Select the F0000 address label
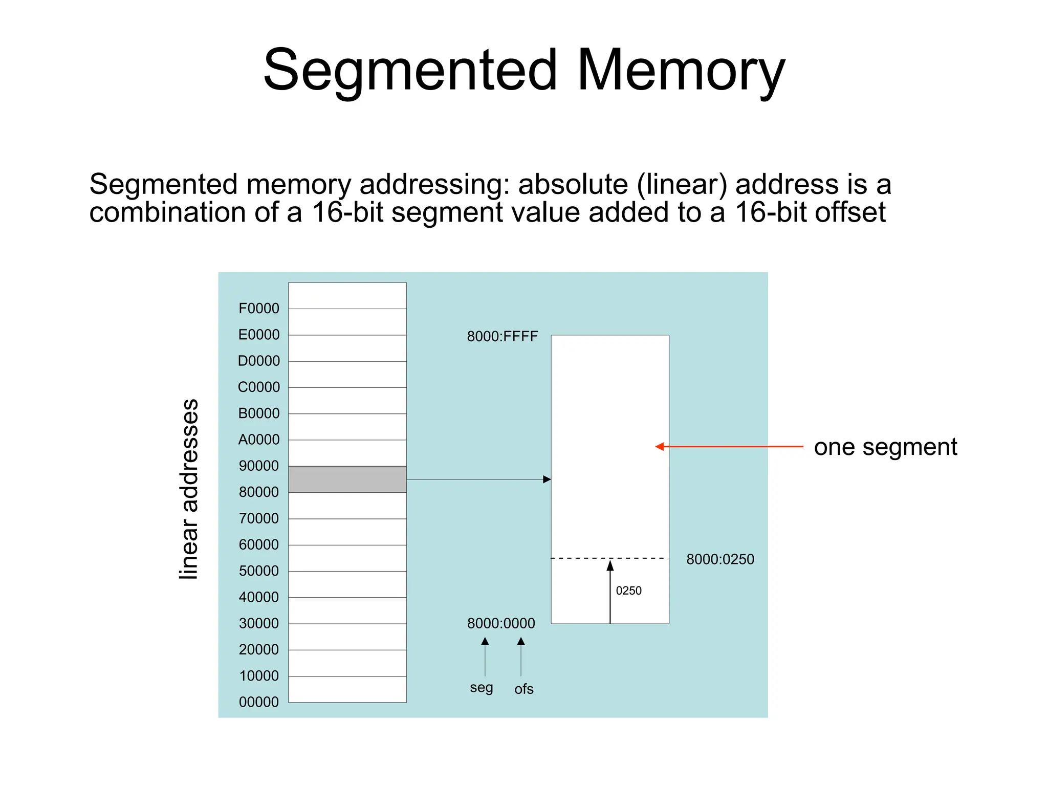pyautogui.click(x=259, y=309)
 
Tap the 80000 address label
pyautogui.click(x=259, y=492)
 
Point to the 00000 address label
pyautogui.click(x=259, y=702)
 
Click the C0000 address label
pyautogui.click(x=259, y=387)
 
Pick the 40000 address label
pyautogui.click(x=259, y=597)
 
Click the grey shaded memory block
pyautogui.click(x=347, y=479)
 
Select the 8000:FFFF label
pyautogui.click(x=503, y=337)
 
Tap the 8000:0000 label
pyautogui.click(x=501, y=623)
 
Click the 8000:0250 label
pyautogui.click(x=720, y=559)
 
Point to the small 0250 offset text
pyautogui.click(x=628, y=591)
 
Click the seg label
pyautogui.click(x=482, y=688)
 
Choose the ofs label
pyautogui.click(x=524, y=689)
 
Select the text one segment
pyautogui.click(x=885, y=447)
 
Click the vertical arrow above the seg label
pyautogui.click(x=485, y=657)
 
